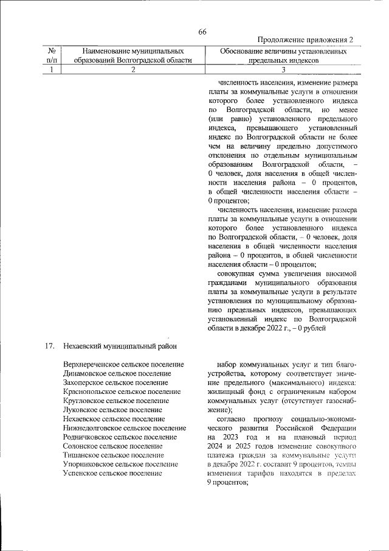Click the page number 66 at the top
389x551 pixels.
point(202,32)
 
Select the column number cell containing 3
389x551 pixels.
point(283,70)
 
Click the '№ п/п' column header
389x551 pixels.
point(52,57)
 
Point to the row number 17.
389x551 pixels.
point(50,346)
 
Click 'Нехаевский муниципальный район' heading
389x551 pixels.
point(120,346)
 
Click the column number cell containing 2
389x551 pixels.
point(133,70)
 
